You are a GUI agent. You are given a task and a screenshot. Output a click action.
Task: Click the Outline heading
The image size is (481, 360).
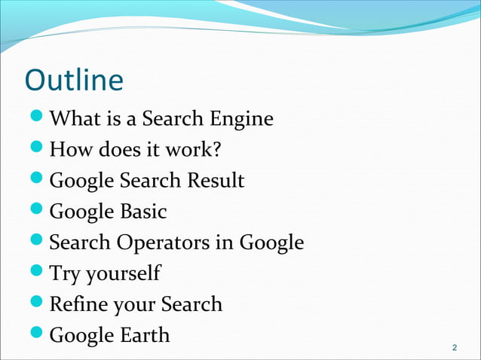point(73,80)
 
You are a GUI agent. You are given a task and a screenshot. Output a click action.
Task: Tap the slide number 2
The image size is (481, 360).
point(454,347)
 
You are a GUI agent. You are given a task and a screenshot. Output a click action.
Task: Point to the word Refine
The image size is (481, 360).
point(75,304)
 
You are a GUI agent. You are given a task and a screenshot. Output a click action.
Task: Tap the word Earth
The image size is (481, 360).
point(143,335)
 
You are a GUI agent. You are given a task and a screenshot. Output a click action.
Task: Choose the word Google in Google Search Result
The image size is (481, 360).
point(80,181)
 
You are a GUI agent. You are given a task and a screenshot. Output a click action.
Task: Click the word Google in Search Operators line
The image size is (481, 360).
point(271,243)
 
